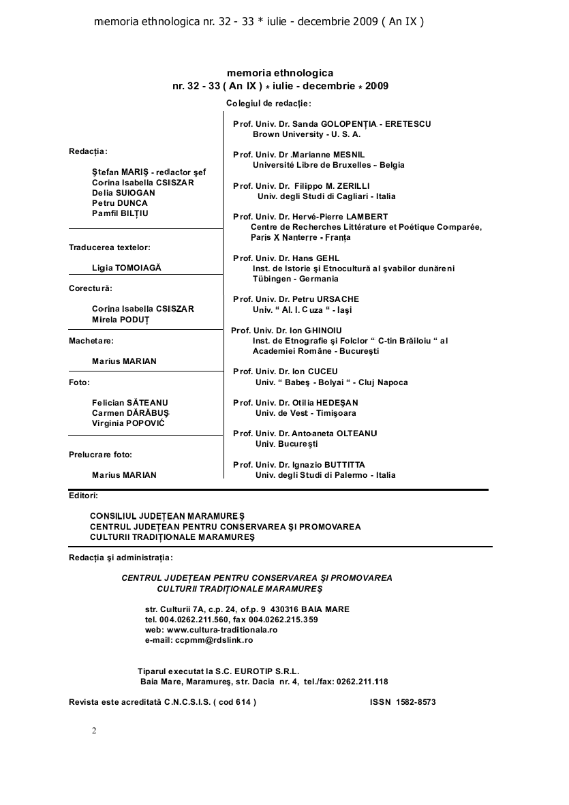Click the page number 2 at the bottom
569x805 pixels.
[x=94, y=731]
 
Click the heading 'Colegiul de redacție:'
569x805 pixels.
[x=268, y=103]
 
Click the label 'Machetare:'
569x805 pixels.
[x=91, y=340]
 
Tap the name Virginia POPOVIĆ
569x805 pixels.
[x=128, y=423]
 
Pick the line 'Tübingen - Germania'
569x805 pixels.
[x=295, y=279]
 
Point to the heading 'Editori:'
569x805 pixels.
[x=84, y=496]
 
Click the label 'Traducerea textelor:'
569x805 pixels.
[x=110, y=247]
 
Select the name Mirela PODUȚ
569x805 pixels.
[x=121, y=320]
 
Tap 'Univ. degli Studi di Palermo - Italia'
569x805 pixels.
[x=325, y=475]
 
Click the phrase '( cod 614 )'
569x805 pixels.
[x=235, y=702]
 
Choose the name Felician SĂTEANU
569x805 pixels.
[x=129, y=403]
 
